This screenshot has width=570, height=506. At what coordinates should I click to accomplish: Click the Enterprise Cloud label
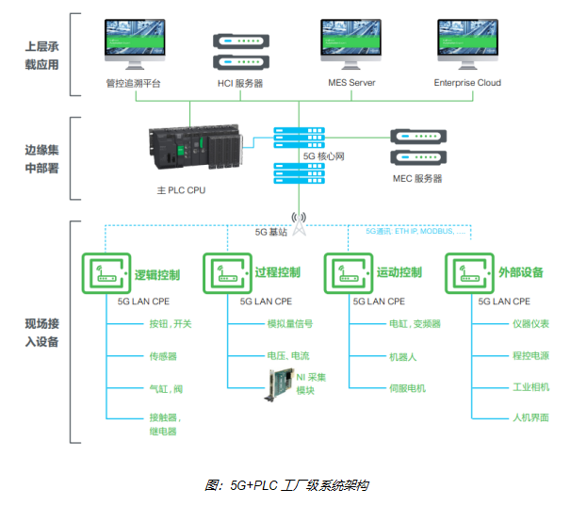pos(467,83)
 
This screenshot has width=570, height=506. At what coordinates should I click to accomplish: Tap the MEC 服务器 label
pos(417,178)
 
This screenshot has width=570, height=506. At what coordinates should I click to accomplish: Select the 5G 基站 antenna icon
pos(300,223)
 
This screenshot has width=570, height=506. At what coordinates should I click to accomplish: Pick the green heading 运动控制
pos(399,273)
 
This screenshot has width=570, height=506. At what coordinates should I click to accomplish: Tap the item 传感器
pos(163,356)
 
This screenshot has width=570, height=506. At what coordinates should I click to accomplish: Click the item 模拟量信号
pos(290,324)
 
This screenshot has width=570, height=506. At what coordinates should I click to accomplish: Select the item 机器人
pos(403,356)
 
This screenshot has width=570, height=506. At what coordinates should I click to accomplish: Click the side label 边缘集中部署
pos(41,158)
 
